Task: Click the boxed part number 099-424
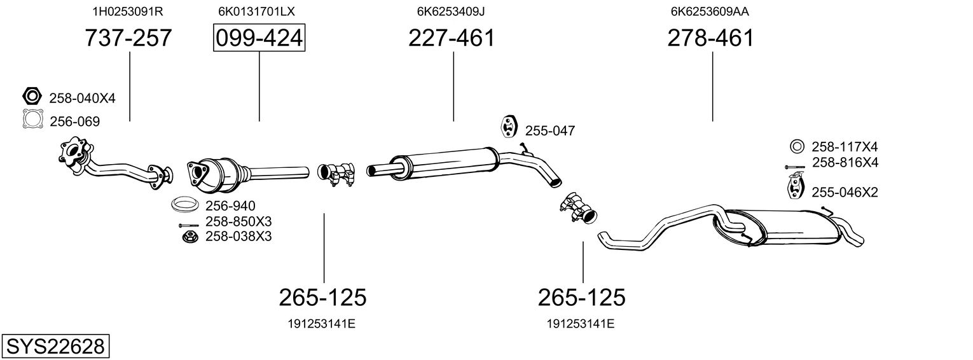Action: pyautogui.click(x=259, y=38)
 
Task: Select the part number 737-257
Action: pyautogui.click(x=128, y=38)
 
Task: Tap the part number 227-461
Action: pyautogui.click(x=452, y=38)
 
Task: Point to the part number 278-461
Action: pyautogui.click(x=710, y=38)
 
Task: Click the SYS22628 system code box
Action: pyautogui.click(x=55, y=346)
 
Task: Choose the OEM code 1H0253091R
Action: pyautogui.click(x=128, y=11)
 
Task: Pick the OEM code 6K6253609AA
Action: pyautogui.click(x=710, y=11)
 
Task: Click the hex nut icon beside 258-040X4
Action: pyautogui.click(x=31, y=96)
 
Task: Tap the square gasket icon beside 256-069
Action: pyautogui.click(x=33, y=119)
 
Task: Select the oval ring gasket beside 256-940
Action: pyautogui.click(x=185, y=204)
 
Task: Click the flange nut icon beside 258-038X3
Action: pyautogui.click(x=190, y=237)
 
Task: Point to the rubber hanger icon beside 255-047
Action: pyautogui.click(x=507, y=127)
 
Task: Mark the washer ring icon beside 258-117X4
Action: pyautogui.click(x=797, y=147)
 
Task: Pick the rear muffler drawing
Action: pyautogui.click(x=731, y=228)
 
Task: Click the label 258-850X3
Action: pyautogui.click(x=238, y=221)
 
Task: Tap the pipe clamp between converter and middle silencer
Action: pyautogui.click(x=336, y=174)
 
